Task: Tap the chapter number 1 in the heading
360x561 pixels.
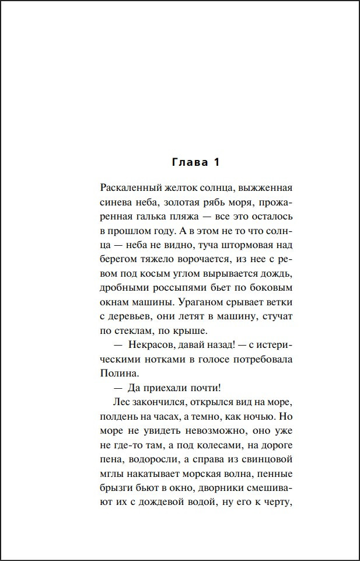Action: (x=216, y=162)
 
